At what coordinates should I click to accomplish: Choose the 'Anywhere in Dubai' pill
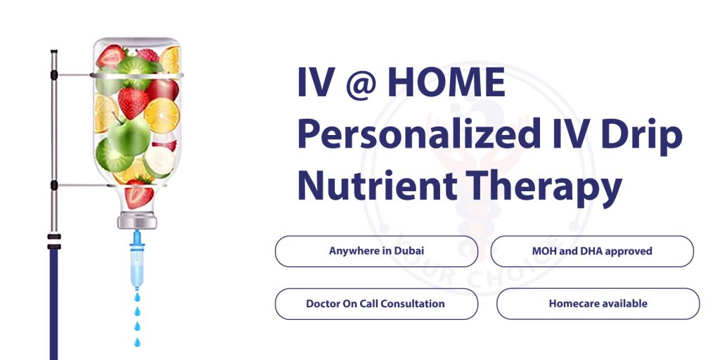tap(376, 251)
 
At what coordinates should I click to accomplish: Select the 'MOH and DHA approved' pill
tap(591, 251)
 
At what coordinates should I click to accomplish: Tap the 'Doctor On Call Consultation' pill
tap(376, 304)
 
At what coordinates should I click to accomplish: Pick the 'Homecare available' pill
tap(598, 304)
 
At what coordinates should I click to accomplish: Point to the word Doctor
tap(323, 304)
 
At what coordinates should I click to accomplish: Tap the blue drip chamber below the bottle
tap(137, 264)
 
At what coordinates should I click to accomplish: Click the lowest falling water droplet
tap(137, 342)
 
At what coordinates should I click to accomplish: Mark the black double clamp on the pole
tap(53, 241)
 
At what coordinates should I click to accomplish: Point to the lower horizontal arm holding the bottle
tap(77, 186)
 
